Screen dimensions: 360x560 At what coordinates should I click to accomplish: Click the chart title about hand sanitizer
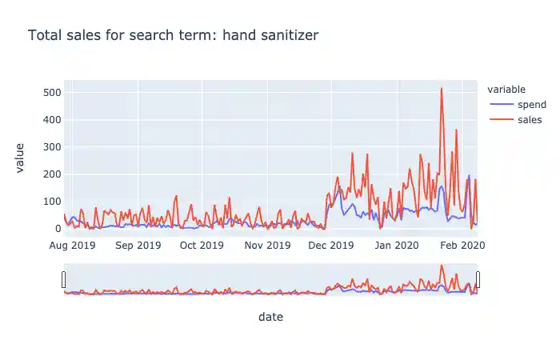pos(173,36)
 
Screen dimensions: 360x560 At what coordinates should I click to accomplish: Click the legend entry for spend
pos(532,105)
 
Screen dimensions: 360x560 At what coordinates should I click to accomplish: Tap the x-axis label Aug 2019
pos(73,245)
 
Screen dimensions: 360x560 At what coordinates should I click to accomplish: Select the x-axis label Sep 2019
pos(138,245)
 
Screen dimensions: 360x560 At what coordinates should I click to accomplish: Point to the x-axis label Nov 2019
pos(267,245)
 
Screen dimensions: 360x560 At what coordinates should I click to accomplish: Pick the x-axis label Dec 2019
pos(331,245)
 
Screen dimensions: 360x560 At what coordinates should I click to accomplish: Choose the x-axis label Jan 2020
pos(397,245)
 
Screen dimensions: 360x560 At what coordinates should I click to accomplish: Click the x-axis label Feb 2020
pos(462,245)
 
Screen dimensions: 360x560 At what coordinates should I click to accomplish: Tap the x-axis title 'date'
pos(270,318)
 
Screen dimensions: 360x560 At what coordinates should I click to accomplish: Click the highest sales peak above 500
pos(442,89)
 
